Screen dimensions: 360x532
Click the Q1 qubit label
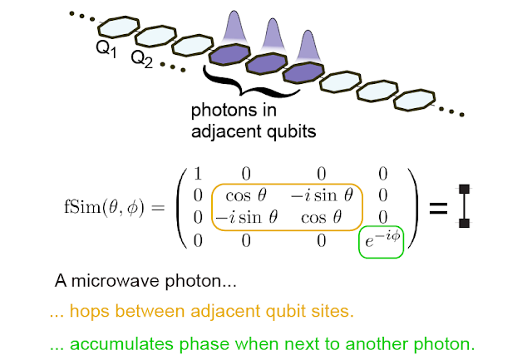click(x=106, y=50)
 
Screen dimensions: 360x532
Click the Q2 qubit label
click(x=142, y=60)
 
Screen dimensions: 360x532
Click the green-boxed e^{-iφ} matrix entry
click(x=379, y=240)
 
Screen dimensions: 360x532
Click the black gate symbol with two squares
click(x=465, y=207)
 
